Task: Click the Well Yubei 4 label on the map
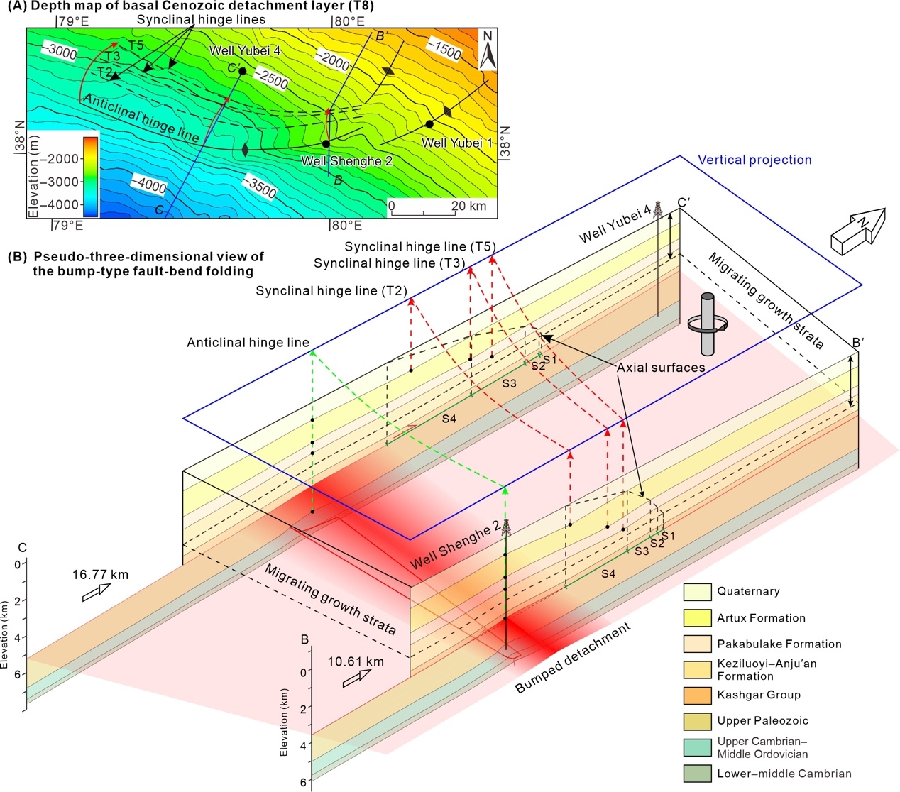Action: (245, 51)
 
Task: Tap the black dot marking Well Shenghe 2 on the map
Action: (326, 144)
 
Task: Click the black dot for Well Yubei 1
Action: (429, 124)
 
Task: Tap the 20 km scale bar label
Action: (468, 206)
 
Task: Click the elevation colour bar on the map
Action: (90, 176)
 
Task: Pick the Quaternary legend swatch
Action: (697, 592)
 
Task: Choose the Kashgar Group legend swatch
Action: (697, 695)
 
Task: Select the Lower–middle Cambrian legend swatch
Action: (697, 774)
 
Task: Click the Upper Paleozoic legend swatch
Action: (697, 721)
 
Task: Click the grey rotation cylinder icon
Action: (707, 324)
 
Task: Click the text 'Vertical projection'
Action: (754, 160)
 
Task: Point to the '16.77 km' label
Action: (100, 575)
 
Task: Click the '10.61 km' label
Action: (356, 662)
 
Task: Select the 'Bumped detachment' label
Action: (573, 658)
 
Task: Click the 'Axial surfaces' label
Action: (661, 368)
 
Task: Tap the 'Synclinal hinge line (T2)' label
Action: (331, 291)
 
